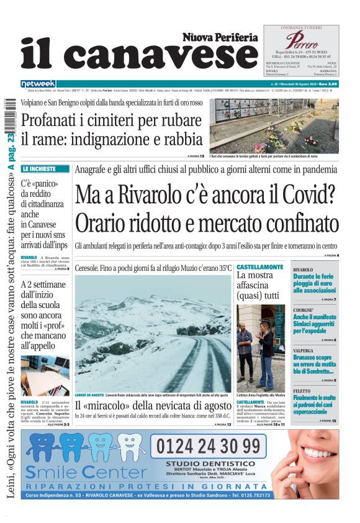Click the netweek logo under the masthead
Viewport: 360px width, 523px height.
click(38, 84)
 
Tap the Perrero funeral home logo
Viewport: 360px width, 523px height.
click(302, 42)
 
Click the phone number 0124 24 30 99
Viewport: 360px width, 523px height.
click(208, 446)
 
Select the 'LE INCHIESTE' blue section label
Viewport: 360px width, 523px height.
click(47, 169)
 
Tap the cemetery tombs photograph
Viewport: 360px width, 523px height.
click(274, 125)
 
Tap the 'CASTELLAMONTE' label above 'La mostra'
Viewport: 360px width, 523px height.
click(259, 267)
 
